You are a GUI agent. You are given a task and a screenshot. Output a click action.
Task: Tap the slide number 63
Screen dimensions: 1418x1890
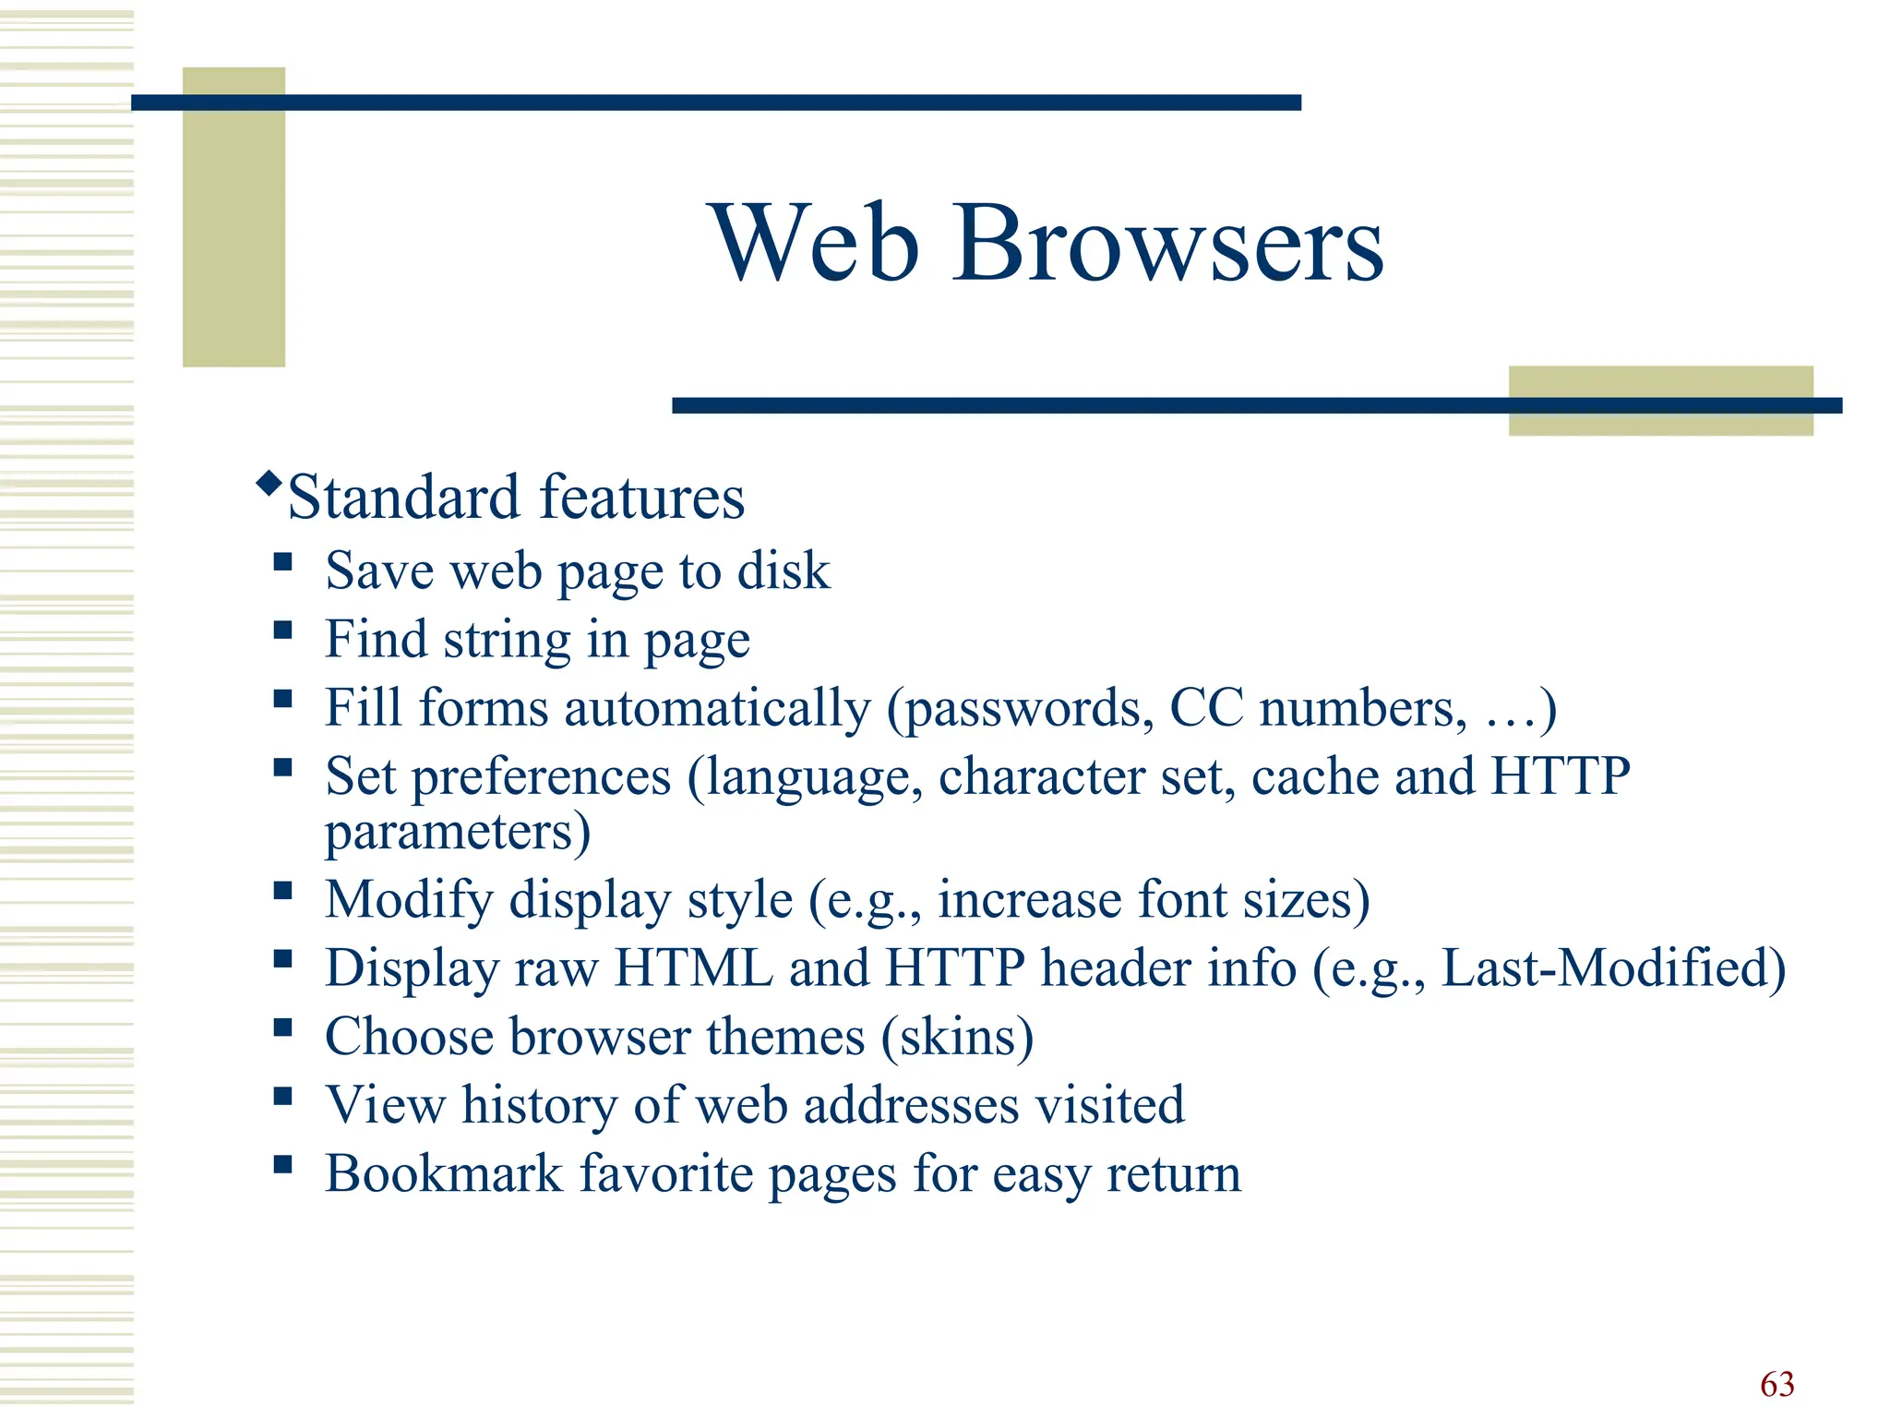coord(1776,1384)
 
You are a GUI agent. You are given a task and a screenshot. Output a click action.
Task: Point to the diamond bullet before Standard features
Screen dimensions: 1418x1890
coord(269,483)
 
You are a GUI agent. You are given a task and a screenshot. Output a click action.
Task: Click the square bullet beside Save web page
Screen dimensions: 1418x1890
coord(282,561)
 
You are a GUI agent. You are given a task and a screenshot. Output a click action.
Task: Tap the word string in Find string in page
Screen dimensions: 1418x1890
coord(507,640)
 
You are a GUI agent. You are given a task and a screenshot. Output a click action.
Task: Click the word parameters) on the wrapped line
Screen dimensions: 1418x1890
coord(458,832)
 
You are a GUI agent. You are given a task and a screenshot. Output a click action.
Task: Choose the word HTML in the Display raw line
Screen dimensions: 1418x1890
coord(694,968)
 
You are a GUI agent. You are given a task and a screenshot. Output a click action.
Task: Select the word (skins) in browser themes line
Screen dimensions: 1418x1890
coord(957,1037)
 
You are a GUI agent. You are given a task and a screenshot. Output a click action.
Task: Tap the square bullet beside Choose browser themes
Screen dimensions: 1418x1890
coord(282,1027)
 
